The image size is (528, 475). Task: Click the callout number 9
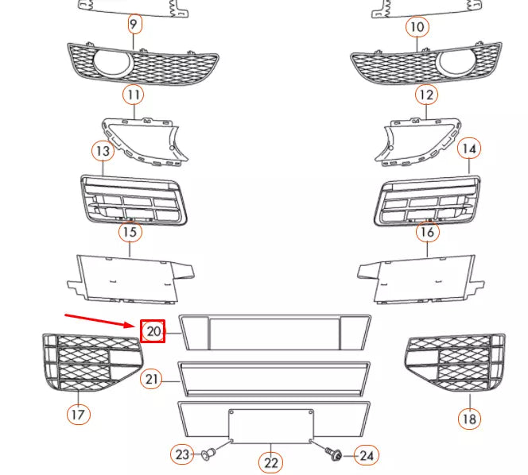click(x=134, y=25)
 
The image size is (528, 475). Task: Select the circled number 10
click(x=417, y=27)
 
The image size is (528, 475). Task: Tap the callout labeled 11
click(x=134, y=95)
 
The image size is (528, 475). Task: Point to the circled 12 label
click(x=427, y=95)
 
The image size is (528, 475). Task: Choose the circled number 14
click(x=469, y=149)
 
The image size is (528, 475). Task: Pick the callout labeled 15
click(x=130, y=233)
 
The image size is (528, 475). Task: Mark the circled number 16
click(x=427, y=233)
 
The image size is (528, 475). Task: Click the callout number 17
click(x=78, y=414)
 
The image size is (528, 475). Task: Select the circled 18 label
click(x=470, y=419)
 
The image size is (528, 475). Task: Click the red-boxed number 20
click(x=153, y=331)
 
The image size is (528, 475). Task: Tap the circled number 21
click(x=153, y=380)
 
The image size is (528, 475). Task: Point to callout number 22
click(x=271, y=462)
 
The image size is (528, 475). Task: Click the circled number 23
click(x=183, y=454)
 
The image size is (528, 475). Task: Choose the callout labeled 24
click(x=367, y=455)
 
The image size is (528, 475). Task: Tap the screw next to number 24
click(x=333, y=454)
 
